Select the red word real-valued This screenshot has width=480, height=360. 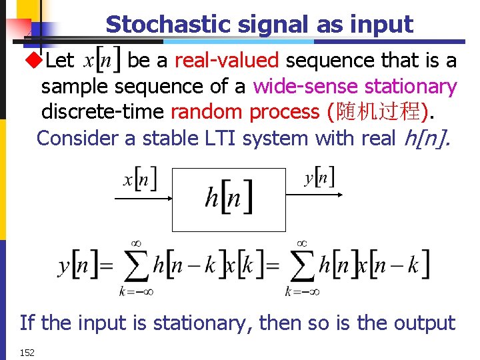[x=226, y=61]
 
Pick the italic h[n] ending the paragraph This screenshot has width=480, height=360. [x=427, y=138]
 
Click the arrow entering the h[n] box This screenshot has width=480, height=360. [x=144, y=197]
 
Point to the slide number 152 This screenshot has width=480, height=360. [x=27, y=352]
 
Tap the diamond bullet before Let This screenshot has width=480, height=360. [x=33, y=61]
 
